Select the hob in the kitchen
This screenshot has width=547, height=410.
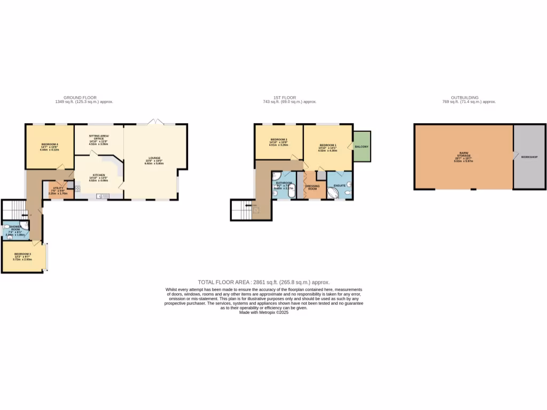point(77,188)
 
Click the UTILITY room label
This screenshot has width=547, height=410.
point(54,189)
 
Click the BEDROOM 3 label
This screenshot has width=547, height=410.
point(22,254)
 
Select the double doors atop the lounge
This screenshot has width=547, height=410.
point(155,122)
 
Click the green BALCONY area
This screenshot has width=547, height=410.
point(362,147)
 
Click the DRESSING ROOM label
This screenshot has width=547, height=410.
point(312,187)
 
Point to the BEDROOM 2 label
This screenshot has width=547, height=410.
point(279,140)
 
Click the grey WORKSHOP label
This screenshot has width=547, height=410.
point(529,157)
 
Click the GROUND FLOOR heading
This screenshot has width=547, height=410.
point(84,98)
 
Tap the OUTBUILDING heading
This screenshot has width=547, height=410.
point(464,98)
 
